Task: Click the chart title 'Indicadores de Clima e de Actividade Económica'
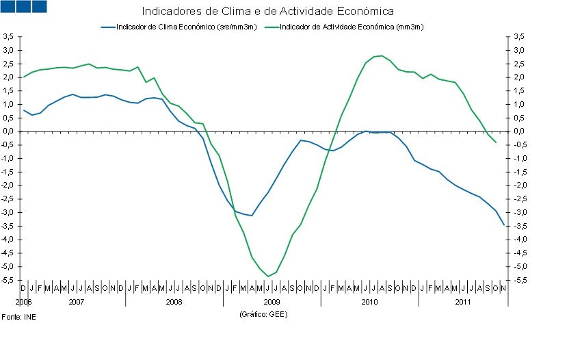click(x=267, y=12)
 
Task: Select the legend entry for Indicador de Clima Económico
click(x=179, y=27)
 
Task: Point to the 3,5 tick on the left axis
click(x=8, y=36)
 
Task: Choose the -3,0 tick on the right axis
click(x=518, y=213)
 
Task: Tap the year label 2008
click(x=174, y=301)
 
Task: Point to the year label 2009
click(x=272, y=301)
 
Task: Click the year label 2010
click(x=369, y=301)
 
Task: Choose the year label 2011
click(x=463, y=301)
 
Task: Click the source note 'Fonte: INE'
click(x=18, y=318)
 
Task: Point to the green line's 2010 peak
click(x=382, y=55)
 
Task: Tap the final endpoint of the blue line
click(x=504, y=224)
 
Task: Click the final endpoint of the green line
click(x=496, y=142)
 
